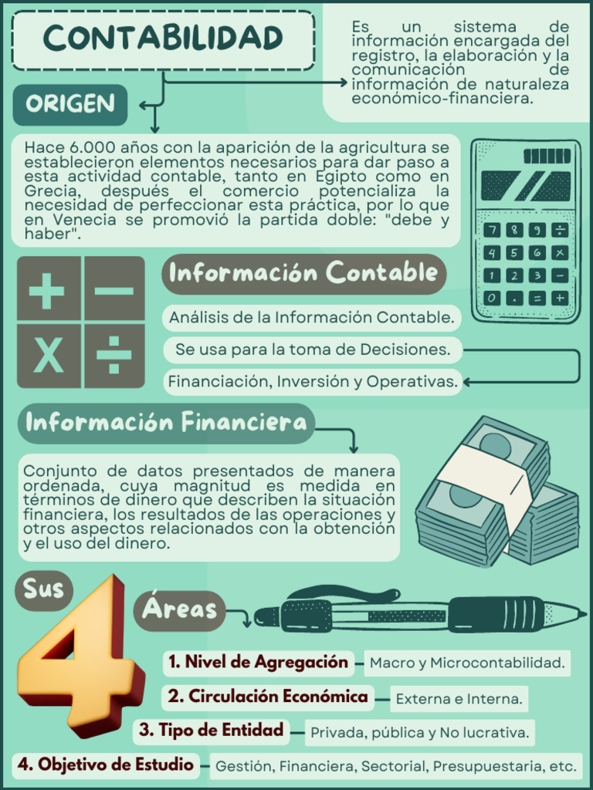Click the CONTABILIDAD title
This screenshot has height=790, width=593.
(x=163, y=39)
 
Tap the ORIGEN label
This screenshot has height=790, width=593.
(x=69, y=104)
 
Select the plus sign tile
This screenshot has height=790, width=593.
(x=48, y=290)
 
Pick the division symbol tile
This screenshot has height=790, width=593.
(x=114, y=356)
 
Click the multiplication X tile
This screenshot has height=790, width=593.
(x=48, y=356)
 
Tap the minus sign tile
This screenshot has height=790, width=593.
(x=114, y=290)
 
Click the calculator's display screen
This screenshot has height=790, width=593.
(x=526, y=186)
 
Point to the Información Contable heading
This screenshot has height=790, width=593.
(x=303, y=273)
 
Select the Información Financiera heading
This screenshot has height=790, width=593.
(x=166, y=423)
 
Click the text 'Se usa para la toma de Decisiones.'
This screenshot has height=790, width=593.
(x=313, y=349)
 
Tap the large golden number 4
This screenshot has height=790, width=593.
(x=77, y=656)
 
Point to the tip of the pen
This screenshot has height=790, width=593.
(x=580, y=615)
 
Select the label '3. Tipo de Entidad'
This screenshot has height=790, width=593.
(x=212, y=730)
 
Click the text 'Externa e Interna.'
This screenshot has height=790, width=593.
(x=459, y=699)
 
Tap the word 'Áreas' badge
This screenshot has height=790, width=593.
(x=179, y=610)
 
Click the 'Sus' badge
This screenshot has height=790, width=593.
(x=43, y=590)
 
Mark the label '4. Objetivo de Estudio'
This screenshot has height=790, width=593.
(x=106, y=765)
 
